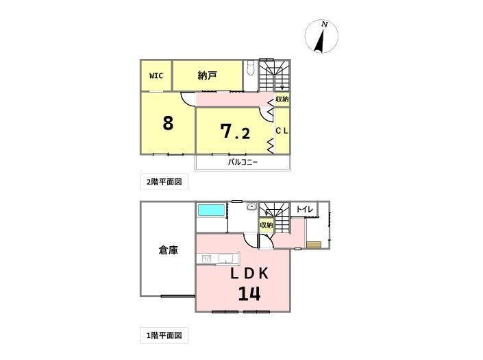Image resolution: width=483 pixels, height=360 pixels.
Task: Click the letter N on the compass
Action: pos(324,25)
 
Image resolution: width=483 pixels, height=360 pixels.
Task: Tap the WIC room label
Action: pos(156,76)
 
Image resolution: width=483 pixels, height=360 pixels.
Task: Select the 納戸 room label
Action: pos(208,75)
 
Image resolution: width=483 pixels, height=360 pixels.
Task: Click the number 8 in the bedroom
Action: pos(168,123)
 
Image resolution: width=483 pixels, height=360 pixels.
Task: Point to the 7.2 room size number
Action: pos(236,132)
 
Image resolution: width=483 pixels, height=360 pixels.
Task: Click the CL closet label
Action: pos(282,131)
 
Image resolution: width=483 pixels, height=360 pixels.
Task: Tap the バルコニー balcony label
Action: pos(243,162)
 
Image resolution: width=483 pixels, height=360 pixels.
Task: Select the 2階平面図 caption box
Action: pos(164,182)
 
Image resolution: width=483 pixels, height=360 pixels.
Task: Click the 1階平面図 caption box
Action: pos(164,335)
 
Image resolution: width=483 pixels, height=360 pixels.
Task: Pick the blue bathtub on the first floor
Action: pos(211,211)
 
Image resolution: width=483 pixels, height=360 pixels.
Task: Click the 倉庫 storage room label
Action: pos(168,250)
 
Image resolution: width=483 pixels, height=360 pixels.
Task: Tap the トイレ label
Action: pos(305,210)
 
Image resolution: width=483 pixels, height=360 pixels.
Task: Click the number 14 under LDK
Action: pos(249,293)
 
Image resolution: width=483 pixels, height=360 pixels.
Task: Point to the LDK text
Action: pos(249,274)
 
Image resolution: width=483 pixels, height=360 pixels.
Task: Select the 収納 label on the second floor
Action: pos(282,99)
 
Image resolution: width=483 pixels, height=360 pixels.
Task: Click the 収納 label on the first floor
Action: pos(266,225)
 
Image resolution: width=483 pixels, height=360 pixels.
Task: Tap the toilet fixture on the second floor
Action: pos(251,67)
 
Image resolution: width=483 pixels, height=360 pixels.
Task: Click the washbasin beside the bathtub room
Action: pos(251,206)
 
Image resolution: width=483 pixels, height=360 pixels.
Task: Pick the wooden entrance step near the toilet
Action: pos(314,245)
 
